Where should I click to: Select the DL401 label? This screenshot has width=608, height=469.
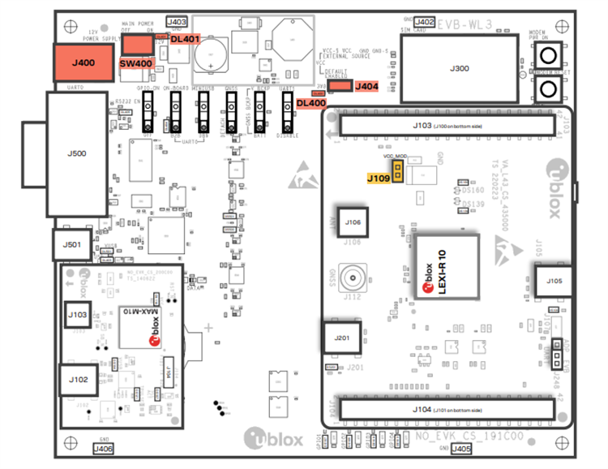(186, 39)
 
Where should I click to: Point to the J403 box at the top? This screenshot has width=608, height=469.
(176, 22)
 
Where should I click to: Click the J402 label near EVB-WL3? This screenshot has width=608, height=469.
(424, 22)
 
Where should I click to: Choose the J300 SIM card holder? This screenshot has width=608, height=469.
(458, 70)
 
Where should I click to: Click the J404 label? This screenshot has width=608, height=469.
(366, 85)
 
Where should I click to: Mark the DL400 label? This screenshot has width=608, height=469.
(311, 103)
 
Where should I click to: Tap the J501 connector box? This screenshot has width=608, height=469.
(73, 244)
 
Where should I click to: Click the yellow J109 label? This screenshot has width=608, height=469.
(379, 177)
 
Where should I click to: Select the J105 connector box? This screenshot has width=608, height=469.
(554, 282)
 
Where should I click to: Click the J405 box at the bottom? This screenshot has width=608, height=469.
(460, 449)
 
